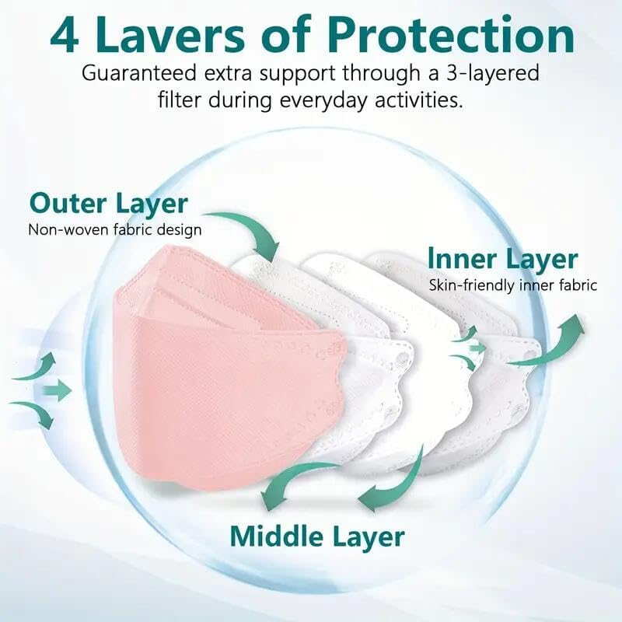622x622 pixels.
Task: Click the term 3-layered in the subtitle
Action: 489,75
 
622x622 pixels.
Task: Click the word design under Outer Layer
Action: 179,230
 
